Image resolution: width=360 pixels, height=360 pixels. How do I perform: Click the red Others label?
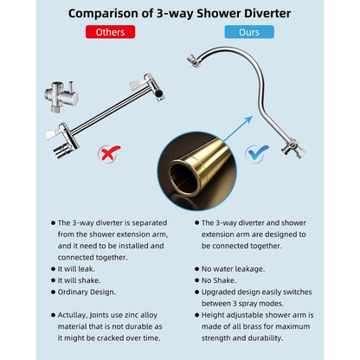click(110, 32)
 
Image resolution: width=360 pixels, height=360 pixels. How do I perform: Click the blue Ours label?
click(249, 32)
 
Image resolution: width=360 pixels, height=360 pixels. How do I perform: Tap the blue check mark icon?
click(257, 154)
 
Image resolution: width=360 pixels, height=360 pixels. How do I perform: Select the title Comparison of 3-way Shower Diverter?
click(179, 12)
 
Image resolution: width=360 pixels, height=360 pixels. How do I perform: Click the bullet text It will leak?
click(79, 269)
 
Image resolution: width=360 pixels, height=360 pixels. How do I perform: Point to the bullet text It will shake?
click(81, 281)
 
